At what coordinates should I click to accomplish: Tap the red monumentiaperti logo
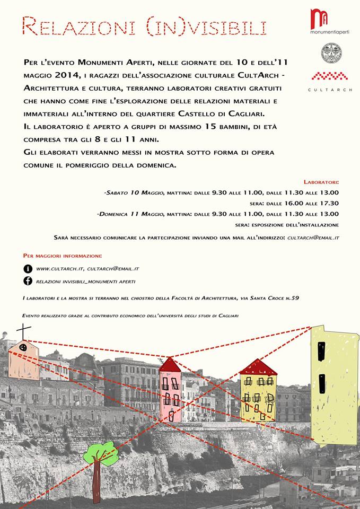(320, 18)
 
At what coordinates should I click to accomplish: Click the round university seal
(332, 52)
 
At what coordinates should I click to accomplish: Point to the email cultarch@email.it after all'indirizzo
(313, 238)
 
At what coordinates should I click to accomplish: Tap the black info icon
(28, 269)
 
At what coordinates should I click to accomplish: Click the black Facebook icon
(28, 282)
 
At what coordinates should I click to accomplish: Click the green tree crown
(101, 454)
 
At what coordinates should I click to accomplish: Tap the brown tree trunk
(96, 482)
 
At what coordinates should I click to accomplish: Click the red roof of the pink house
(169, 365)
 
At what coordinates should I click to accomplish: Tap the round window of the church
(23, 348)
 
